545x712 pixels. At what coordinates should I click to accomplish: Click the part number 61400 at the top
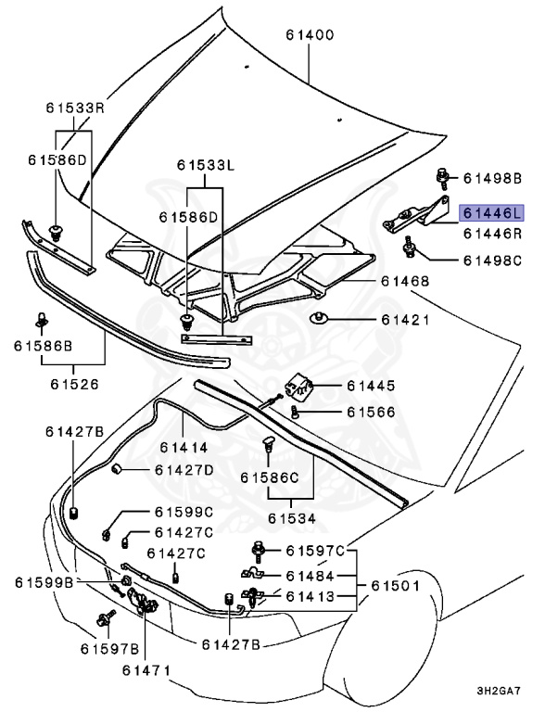[x=311, y=35]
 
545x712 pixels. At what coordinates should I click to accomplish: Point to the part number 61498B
[x=493, y=177]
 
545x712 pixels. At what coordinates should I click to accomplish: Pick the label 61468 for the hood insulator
[x=404, y=280]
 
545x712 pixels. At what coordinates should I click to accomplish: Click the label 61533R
[x=76, y=108]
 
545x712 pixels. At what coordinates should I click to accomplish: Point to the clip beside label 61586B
[x=42, y=321]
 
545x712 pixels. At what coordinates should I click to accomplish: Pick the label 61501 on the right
[x=396, y=586]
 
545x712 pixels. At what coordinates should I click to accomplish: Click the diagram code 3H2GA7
[x=505, y=691]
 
